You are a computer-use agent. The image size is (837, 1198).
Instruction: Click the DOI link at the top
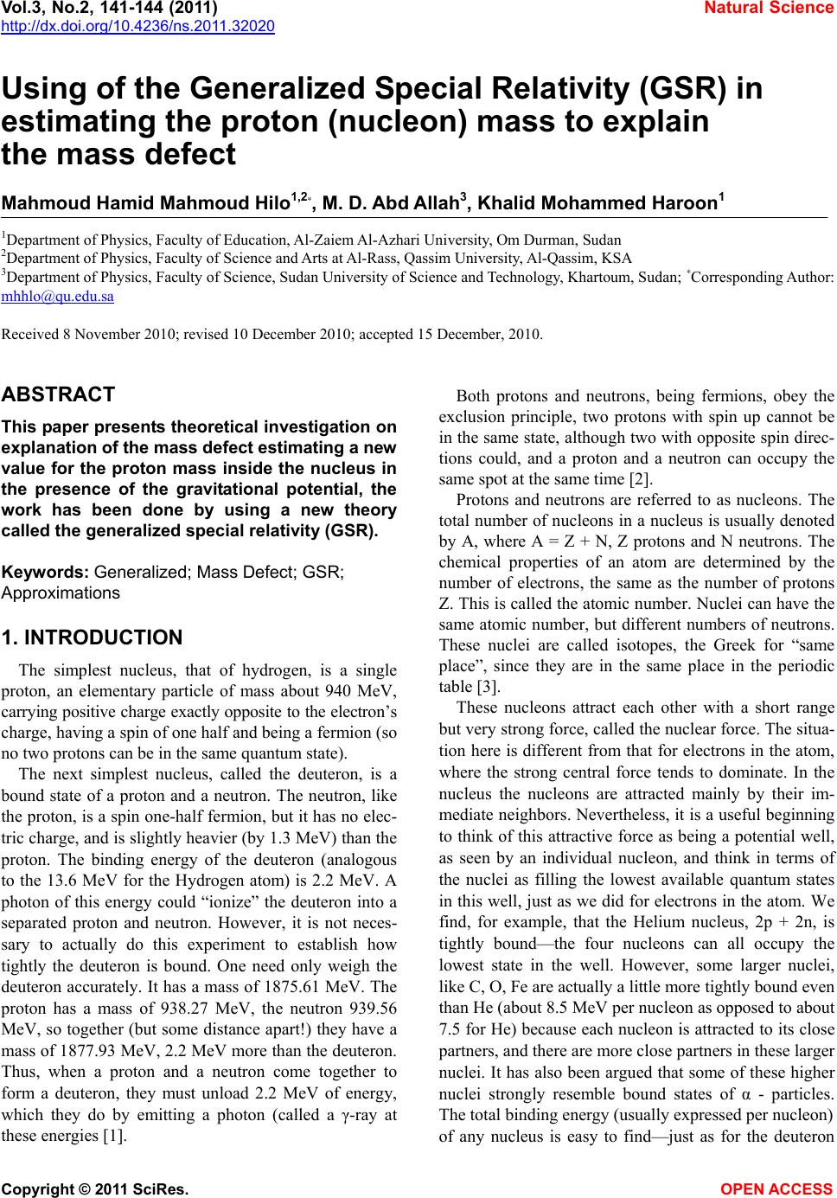[137, 26]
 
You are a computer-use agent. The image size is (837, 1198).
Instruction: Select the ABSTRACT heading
[59, 395]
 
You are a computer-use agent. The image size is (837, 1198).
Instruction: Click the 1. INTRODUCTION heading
[93, 638]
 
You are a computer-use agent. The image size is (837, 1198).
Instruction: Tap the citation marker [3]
[485, 689]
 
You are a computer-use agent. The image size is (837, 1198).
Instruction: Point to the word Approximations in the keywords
[61, 593]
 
